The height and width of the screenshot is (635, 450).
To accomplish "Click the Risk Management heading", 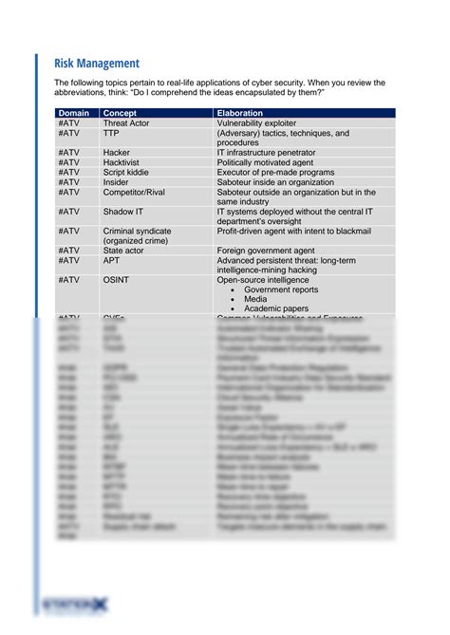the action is coord(98,63).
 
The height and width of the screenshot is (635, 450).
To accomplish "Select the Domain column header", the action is coord(73,114).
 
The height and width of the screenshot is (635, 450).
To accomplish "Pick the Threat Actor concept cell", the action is coord(127,124).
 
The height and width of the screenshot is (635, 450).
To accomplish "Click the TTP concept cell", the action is coord(111,134).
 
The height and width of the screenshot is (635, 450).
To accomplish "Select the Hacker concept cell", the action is coord(117,153).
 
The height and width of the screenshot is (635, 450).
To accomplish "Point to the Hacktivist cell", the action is coord(122,162).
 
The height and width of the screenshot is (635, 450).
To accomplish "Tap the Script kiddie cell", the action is coord(126,172).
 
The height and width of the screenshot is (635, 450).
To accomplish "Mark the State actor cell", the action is coord(124,251).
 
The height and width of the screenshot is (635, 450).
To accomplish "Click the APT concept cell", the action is coord(112,260).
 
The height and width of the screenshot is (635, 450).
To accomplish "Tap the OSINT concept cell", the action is coord(115,280).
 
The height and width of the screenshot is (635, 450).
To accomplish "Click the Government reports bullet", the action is coord(281,289).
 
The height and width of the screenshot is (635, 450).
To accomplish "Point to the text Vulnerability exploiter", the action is coord(256,124).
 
